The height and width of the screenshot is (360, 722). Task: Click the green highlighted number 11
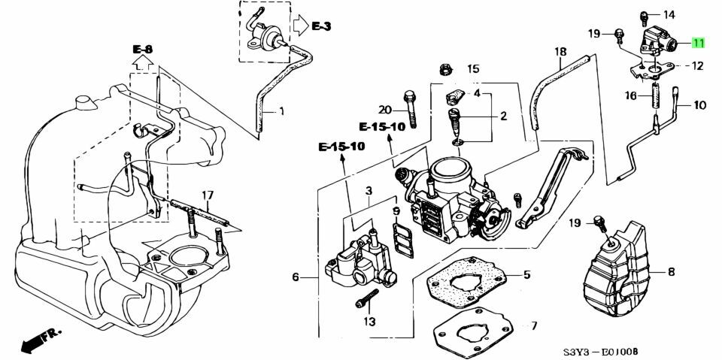click(x=699, y=44)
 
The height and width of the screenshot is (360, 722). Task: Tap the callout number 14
click(x=669, y=15)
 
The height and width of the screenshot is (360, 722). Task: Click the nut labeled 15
click(x=445, y=69)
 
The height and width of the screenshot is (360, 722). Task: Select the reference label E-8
click(x=143, y=49)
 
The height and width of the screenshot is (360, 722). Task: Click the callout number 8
click(x=671, y=272)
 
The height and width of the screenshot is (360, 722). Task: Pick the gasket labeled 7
click(x=473, y=331)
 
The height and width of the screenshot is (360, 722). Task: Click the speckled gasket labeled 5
click(x=466, y=282)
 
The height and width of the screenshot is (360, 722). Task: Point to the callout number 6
click(x=296, y=277)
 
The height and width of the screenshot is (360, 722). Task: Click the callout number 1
click(x=281, y=111)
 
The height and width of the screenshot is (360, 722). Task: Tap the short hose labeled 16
click(x=656, y=100)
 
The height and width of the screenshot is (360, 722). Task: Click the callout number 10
click(x=699, y=105)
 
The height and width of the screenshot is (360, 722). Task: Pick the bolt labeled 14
click(x=645, y=18)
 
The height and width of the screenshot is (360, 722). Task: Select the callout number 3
click(x=369, y=190)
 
